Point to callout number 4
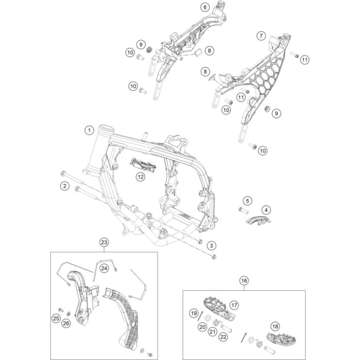pos(266,210)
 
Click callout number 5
pos(247,200)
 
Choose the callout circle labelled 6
pos(204,7)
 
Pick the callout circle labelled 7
pos(261,36)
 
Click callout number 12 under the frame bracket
pos(140,177)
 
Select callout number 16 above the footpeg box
pos(244,281)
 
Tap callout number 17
pos(234,305)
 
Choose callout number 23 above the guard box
pos(103,242)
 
